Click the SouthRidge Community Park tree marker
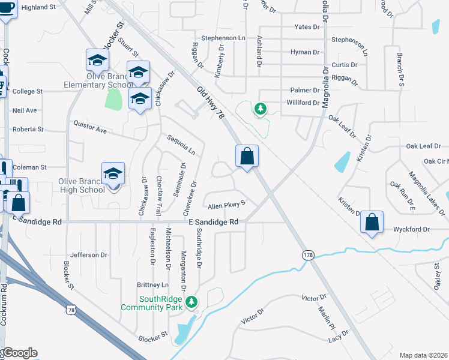point(191,302)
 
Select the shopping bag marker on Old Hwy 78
point(247,157)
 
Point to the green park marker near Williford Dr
point(260,109)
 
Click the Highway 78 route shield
point(71,310)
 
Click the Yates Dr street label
point(308,27)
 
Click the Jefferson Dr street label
point(88,255)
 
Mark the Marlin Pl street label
point(328,317)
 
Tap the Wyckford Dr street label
point(412,229)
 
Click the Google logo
point(19,353)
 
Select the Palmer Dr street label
point(306,90)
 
